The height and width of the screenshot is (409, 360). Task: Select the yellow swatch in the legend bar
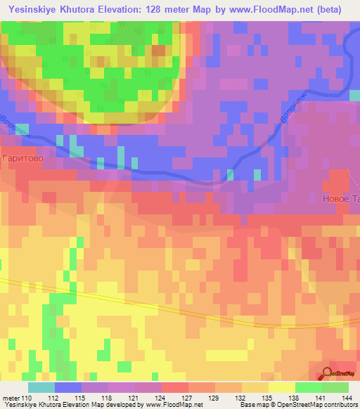[281, 387]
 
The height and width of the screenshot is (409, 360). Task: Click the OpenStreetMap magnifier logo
[328, 375]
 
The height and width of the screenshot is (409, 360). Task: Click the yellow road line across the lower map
[141, 299]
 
